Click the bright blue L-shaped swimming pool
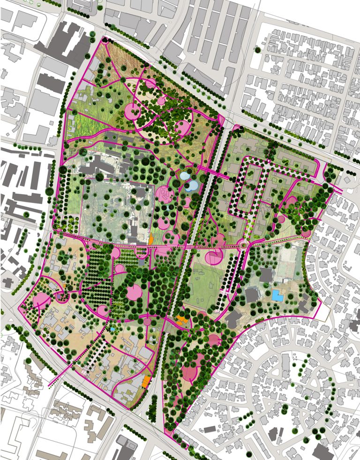click(x=278, y=295)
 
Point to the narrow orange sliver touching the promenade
click(x=151, y=238)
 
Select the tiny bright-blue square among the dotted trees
click(x=112, y=330)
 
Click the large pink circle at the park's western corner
click(x=42, y=300)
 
